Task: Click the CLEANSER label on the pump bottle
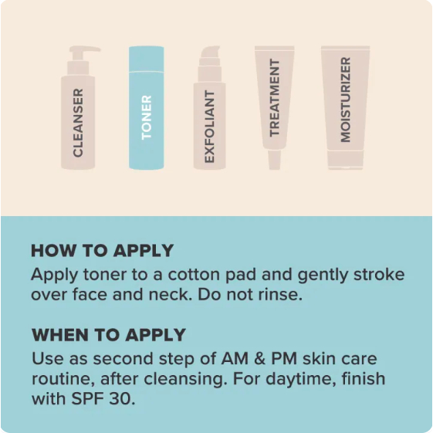click(78, 123)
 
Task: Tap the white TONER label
click(147, 117)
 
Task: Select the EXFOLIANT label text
click(209, 127)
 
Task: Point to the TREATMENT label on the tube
click(275, 97)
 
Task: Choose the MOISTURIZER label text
click(346, 100)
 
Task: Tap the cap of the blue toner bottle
click(147, 59)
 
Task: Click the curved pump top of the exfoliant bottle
click(211, 52)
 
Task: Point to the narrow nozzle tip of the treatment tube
click(275, 160)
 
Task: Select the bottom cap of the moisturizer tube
click(346, 160)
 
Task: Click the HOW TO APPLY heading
click(102, 251)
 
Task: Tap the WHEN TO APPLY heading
click(109, 335)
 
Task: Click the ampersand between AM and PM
click(259, 359)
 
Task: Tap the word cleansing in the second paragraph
click(184, 379)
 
